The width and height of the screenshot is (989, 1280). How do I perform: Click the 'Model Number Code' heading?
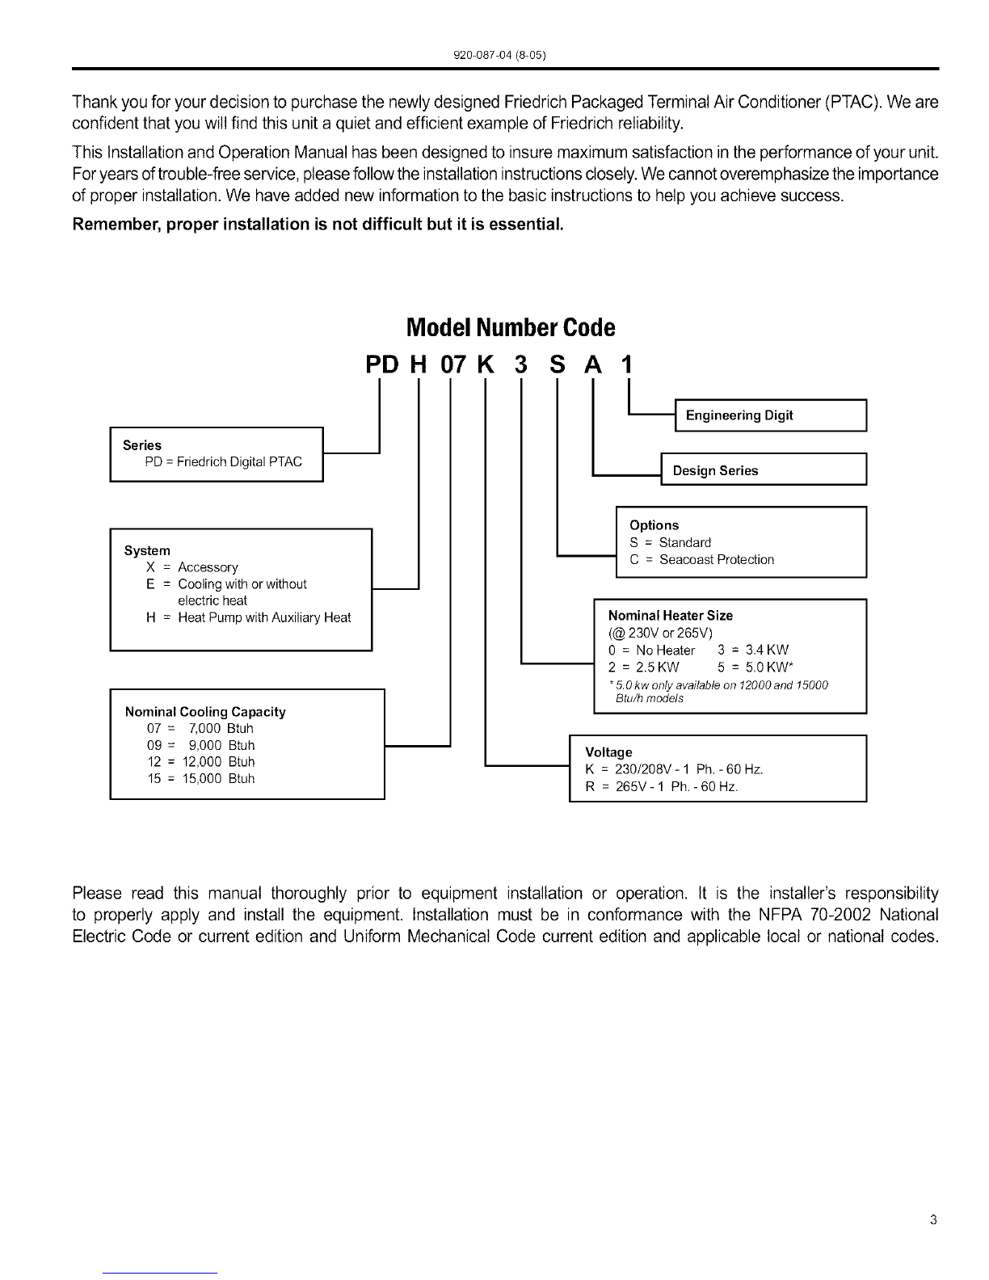(510, 327)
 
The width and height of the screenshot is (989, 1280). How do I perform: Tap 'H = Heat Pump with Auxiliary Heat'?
(249, 617)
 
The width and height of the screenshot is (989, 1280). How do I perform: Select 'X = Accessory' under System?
(192, 567)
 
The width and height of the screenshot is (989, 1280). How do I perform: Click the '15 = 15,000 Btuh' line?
(201, 778)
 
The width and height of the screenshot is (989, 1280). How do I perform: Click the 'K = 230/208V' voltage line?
(673, 768)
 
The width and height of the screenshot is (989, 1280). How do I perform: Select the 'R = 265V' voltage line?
(661, 786)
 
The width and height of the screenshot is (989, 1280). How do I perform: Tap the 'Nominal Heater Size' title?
(670, 616)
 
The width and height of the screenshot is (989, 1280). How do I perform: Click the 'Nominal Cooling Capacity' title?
(205, 712)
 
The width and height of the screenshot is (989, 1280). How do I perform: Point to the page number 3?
(933, 1220)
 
